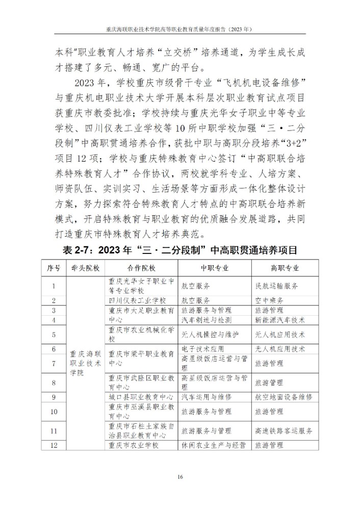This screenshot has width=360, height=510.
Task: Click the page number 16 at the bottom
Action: click(180, 477)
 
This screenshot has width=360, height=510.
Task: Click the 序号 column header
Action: click(54, 268)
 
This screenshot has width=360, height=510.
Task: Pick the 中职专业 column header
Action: click(214, 268)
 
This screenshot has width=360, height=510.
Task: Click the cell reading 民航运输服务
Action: click(276, 286)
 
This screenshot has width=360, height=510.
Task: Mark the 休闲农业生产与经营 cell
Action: click(214, 445)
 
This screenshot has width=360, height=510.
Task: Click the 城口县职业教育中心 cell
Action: click(141, 396)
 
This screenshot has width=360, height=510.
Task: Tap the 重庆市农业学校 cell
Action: click(134, 445)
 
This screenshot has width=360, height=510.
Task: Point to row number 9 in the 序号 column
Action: click(54, 396)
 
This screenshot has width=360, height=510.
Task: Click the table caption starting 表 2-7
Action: click(180, 250)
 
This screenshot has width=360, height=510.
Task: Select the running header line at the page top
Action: click(180, 30)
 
